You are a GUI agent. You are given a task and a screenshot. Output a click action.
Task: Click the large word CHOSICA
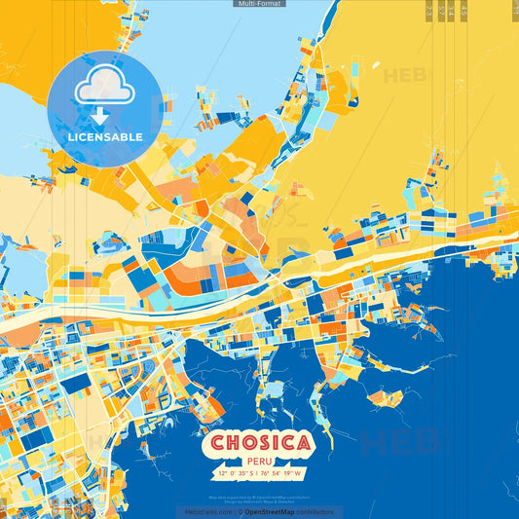pyautogui.click(x=259, y=444)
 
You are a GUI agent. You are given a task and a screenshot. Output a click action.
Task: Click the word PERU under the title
pyautogui.click(x=259, y=463)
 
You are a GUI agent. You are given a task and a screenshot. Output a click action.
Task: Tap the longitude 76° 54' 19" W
pyautogui.click(x=282, y=474)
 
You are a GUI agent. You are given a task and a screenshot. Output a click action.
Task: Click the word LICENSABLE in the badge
pyautogui.click(x=105, y=137)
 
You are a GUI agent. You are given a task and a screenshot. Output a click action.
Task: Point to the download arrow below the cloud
pyautogui.click(x=100, y=117)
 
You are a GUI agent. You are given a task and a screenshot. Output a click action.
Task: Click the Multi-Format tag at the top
pyautogui.click(x=259, y=4)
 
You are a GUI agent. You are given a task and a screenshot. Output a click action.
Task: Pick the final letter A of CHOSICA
pyautogui.click(x=304, y=444)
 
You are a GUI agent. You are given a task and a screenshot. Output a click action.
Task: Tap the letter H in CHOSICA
pyautogui.click(x=230, y=444)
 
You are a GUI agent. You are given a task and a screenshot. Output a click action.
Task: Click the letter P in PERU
pyautogui.click(x=248, y=463)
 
